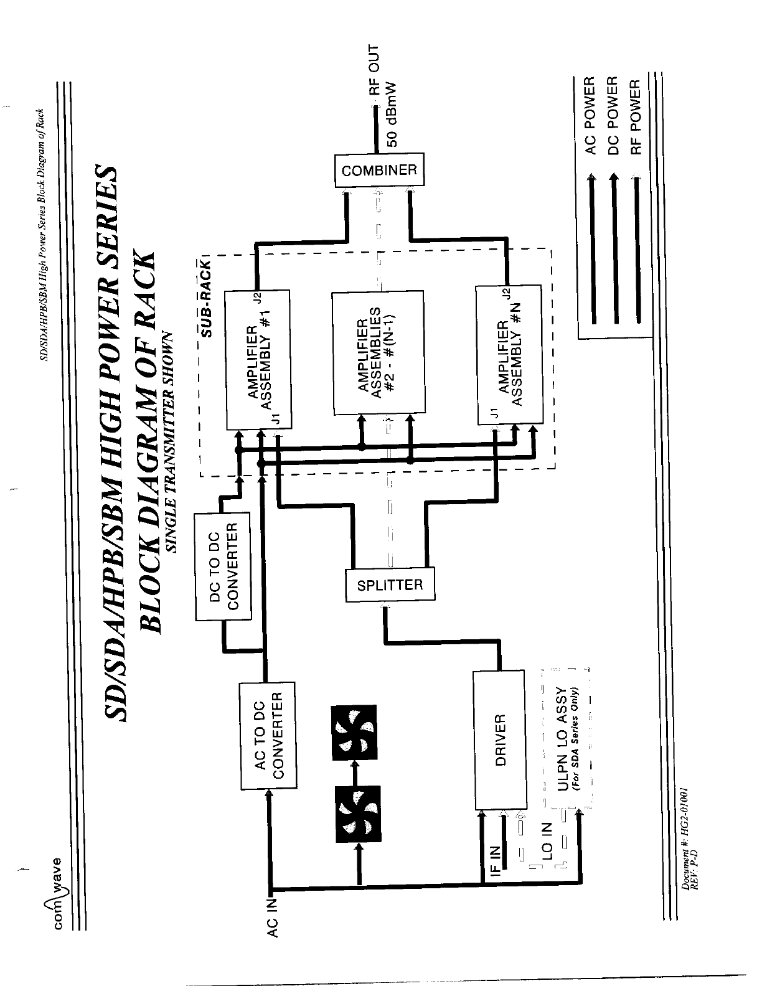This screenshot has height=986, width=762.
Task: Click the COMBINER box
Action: [x=379, y=170]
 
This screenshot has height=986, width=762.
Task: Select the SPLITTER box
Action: [x=390, y=585]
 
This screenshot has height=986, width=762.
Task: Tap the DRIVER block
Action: [x=499, y=739]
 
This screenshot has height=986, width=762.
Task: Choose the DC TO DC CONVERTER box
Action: [x=223, y=565]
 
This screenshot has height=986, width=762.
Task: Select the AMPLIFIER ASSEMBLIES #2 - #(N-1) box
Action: [x=378, y=353]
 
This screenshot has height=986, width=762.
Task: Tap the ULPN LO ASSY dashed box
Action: [x=566, y=739]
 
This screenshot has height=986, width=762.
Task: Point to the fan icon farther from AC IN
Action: [x=354, y=732]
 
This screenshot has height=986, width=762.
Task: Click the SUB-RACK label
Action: [x=208, y=298]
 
